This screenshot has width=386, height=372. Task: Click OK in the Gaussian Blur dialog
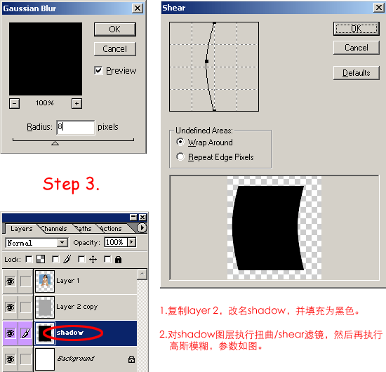(115, 29)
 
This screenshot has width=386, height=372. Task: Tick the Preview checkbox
(98, 71)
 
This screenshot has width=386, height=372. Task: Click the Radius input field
(75, 127)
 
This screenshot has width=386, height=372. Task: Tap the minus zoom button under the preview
(14, 103)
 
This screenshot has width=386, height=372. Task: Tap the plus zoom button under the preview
(76, 103)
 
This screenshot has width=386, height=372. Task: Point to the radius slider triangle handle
(55, 143)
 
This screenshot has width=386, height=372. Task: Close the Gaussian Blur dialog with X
(138, 8)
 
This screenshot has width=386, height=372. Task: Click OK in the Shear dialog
(357, 29)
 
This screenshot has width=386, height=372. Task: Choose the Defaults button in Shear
(357, 73)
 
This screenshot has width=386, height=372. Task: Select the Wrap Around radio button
(180, 142)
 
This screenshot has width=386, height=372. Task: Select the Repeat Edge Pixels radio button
(180, 157)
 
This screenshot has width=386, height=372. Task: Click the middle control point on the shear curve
(207, 61)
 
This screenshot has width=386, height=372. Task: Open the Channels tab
(54, 229)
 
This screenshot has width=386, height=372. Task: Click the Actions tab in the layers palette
(111, 229)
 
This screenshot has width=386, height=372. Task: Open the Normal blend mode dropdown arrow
(62, 243)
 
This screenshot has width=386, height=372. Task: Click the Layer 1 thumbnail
(44, 281)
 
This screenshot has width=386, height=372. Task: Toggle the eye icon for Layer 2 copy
(10, 307)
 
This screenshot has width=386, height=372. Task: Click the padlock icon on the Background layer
(131, 359)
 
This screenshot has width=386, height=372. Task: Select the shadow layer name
(70, 333)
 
